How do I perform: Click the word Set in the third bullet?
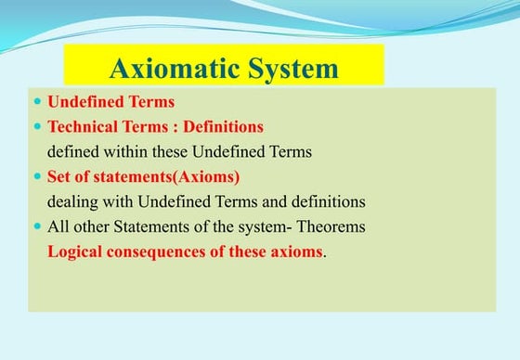tap(59, 175)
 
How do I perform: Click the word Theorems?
tap(332, 225)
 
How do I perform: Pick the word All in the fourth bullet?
tap(58, 225)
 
